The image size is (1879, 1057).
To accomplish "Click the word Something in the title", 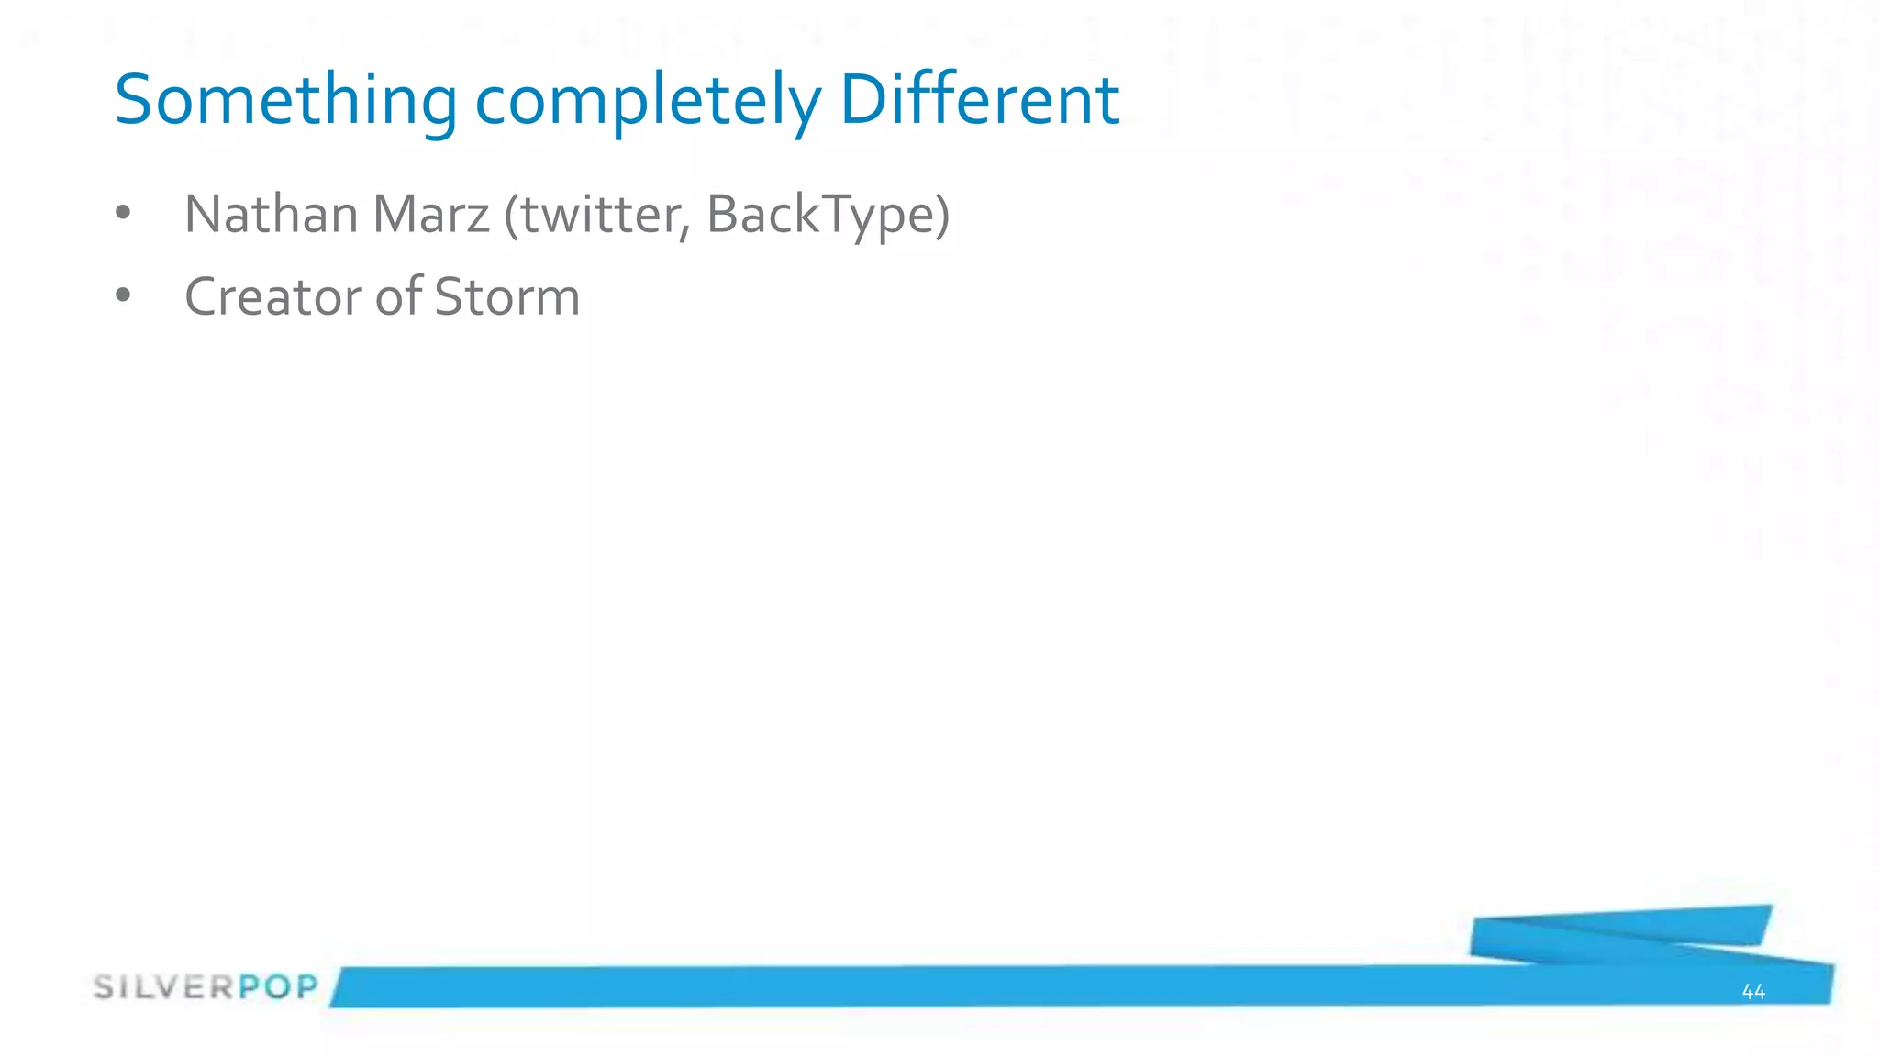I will (285, 100).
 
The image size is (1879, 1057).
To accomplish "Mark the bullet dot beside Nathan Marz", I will (123, 214).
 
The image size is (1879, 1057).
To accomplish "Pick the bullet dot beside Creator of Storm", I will (123, 295).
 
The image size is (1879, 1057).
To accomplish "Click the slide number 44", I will (1752, 991).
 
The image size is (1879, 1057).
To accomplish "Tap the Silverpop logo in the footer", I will (206, 987).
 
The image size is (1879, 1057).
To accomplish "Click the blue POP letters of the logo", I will (279, 987).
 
